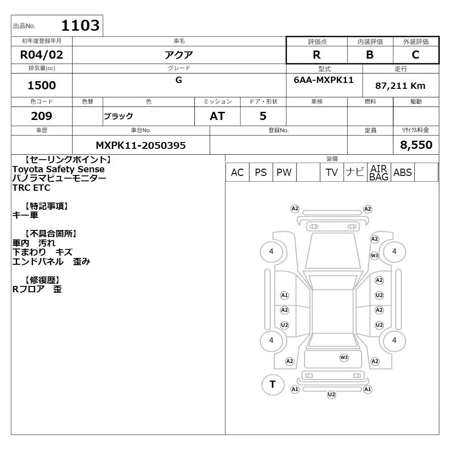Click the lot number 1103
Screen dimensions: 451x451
tap(80, 25)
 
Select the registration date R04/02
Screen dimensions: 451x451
tap(41, 55)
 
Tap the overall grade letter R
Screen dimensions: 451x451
tap(317, 55)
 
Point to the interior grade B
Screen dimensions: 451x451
tap(370, 55)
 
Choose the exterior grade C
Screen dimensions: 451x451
tap(415, 55)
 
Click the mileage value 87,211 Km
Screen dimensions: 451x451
tap(400, 86)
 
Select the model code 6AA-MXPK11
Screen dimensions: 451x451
tap(323, 80)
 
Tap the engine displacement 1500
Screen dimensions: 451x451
tap(41, 85)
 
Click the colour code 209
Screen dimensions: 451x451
tap(41, 116)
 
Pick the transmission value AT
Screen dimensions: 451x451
tap(217, 116)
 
